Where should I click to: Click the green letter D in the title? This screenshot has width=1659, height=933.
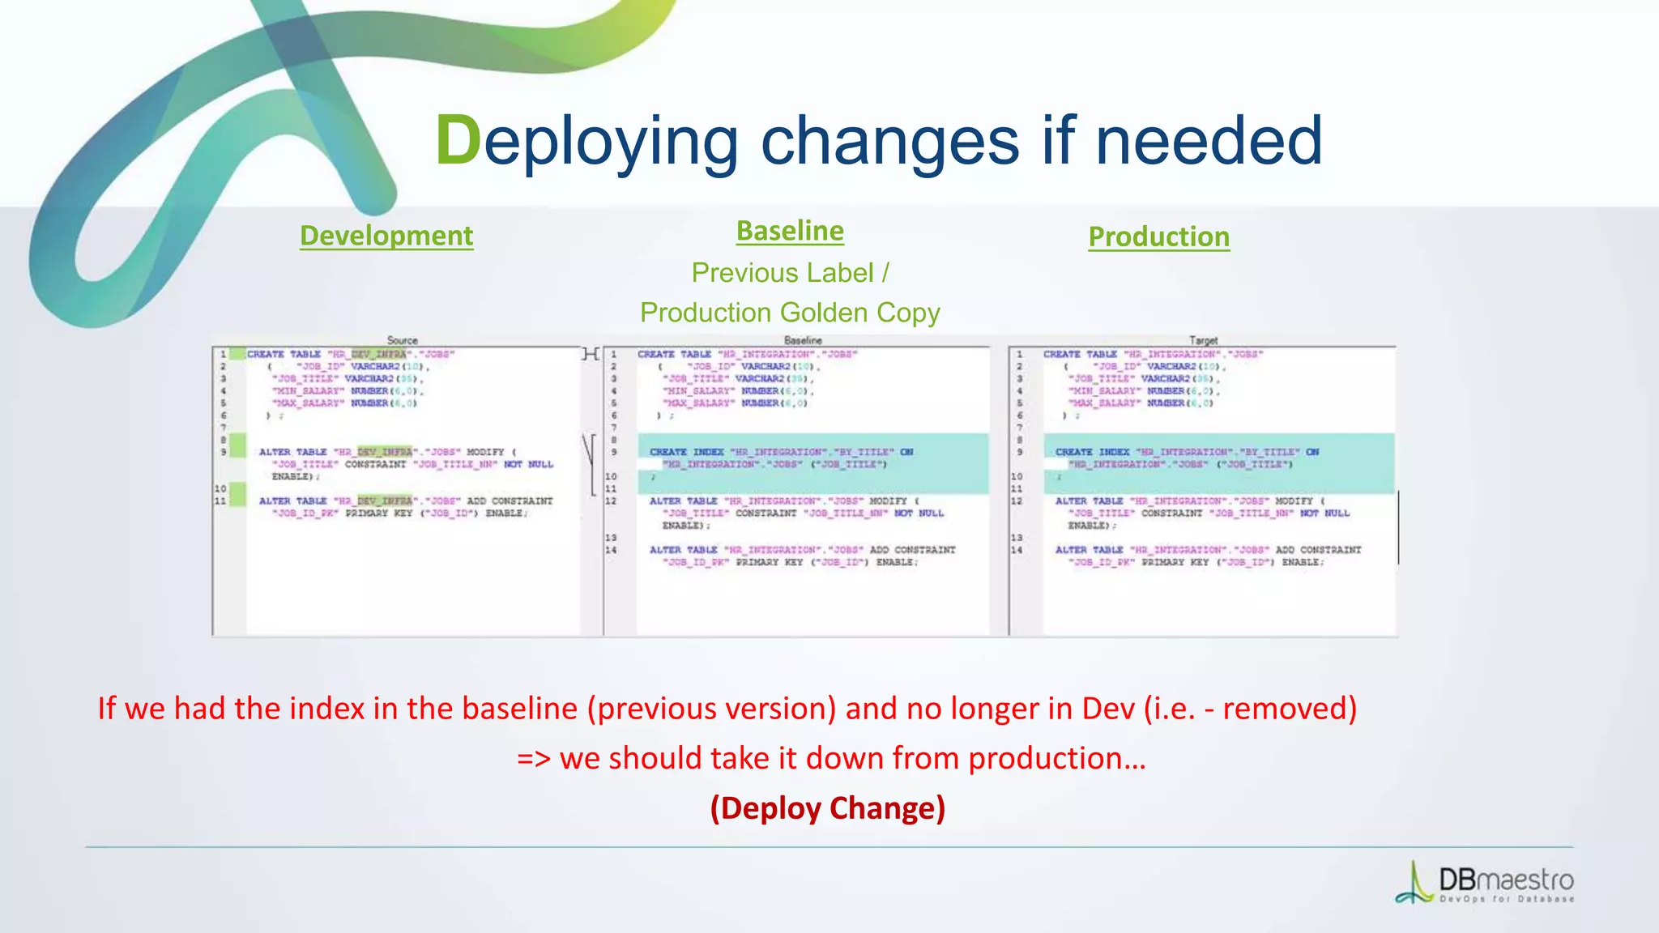pyautogui.click(x=458, y=141)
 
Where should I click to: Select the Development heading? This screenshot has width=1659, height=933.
pyautogui.click(x=386, y=236)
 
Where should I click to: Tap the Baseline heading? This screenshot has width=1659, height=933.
pyautogui.click(x=790, y=231)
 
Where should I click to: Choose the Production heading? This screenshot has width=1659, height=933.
pyautogui.click(x=1158, y=236)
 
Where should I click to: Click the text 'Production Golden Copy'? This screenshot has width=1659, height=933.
pyautogui.click(x=790, y=313)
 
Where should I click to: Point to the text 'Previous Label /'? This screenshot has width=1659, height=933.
pyautogui.click(x=790, y=273)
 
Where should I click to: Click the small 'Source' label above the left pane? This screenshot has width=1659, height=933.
pyautogui.click(x=403, y=340)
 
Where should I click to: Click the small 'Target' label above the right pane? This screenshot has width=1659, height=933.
pyautogui.click(x=1203, y=340)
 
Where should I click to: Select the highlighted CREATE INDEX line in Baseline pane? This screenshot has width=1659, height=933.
pyautogui.click(x=781, y=452)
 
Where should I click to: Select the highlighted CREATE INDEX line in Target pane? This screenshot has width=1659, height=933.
pyautogui.click(x=1187, y=452)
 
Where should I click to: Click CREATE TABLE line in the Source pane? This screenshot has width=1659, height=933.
pyautogui.click(x=351, y=354)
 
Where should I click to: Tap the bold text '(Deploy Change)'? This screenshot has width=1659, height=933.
pyautogui.click(x=828, y=808)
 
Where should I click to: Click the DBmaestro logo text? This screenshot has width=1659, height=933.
pyautogui.click(x=1505, y=880)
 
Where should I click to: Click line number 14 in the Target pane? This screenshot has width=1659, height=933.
pyautogui.click(x=1017, y=550)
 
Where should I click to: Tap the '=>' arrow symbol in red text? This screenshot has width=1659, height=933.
pyautogui.click(x=534, y=759)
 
